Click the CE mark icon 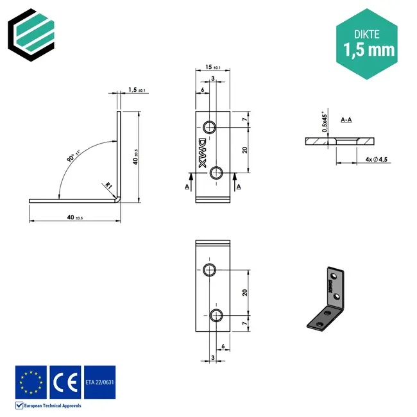[65, 382]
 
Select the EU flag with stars [31, 382]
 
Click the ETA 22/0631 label [99, 382]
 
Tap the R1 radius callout [109, 186]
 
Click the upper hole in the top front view [209, 125]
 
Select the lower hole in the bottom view [216, 314]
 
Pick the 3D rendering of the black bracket [327, 298]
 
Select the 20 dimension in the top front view [245, 149]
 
